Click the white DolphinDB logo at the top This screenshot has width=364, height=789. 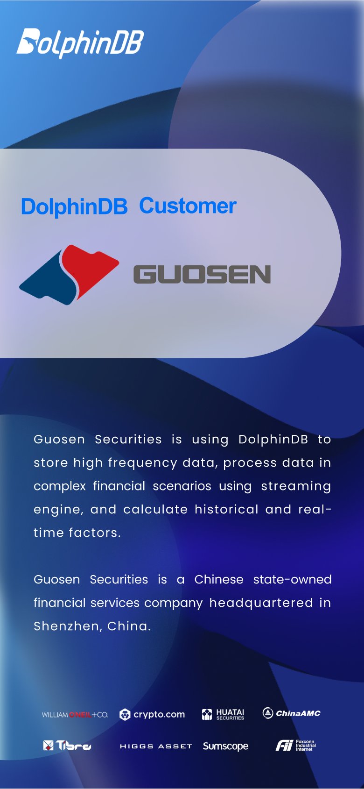[x=80, y=43]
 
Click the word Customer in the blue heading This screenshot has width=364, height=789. [x=188, y=206]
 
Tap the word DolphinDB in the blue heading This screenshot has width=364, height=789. [x=74, y=207]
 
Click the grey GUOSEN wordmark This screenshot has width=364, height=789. [x=202, y=274]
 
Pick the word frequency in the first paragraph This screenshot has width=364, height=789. [x=142, y=463]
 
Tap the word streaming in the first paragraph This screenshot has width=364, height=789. [x=296, y=486]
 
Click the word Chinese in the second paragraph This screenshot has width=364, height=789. [x=219, y=580]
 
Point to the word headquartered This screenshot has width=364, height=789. [x=261, y=603]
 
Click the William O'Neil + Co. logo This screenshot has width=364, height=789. [x=75, y=715]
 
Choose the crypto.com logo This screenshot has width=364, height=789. [x=152, y=714]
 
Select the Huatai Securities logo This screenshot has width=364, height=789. [x=223, y=714]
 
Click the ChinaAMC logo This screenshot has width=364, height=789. [x=292, y=713]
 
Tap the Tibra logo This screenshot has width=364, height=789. [x=67, y=746]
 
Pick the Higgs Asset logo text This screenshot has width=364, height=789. [x=156, y=746]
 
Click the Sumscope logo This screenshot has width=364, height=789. [x=225, y=746]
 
